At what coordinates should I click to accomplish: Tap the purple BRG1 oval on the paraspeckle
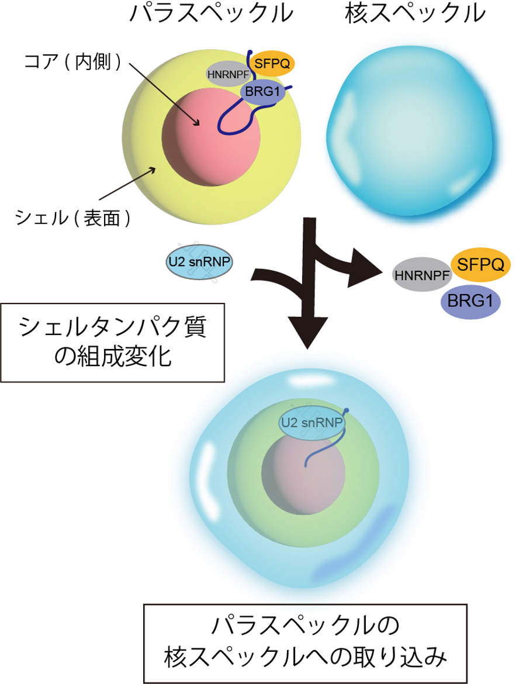[x=263, y=92]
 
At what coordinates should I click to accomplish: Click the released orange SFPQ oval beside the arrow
[x=480, y=265]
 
